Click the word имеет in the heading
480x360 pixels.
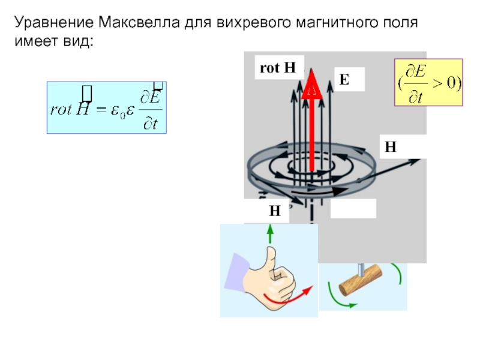[34, 42]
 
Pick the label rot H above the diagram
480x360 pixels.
[277, 67]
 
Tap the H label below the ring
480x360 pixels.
[274, 211]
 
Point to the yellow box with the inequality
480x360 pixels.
[428, 82]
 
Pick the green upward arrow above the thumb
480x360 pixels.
[270, 233]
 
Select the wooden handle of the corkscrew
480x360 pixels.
[361, 281]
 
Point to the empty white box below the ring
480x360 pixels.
[353, 208]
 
